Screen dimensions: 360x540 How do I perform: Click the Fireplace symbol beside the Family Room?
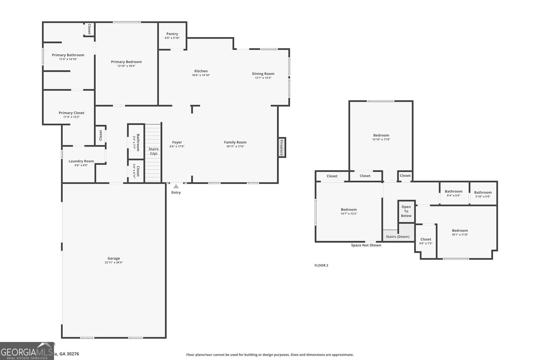click(281, 147)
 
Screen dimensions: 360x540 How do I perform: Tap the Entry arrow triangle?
click(176, 186)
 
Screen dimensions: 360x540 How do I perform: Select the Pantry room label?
click(172, 34)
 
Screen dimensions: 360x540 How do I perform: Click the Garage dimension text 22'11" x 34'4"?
click(114, 262)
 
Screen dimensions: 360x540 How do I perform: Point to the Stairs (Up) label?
click(154, 151)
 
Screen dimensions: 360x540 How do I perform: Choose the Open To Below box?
click(406, 212)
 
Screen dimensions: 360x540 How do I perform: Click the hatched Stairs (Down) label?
click(398, 237)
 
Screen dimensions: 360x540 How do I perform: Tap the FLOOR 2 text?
click(321, 266)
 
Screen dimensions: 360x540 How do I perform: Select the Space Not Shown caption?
click(366, 245)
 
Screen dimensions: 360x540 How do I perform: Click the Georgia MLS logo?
click(27, 351)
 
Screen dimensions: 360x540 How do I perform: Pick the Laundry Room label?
click(81, 161)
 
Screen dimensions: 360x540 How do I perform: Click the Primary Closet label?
click(72, 113)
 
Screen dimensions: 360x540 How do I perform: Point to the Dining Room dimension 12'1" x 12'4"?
click(263, 78)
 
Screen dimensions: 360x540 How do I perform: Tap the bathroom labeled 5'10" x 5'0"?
click(483, 194)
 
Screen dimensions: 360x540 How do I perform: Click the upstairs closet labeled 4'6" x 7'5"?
click(426, 241)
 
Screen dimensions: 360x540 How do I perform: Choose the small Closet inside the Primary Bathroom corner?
click(89, 29)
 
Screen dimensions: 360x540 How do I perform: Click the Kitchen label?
click(201, 71)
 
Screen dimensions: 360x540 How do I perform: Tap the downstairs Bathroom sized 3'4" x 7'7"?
click(136, 142)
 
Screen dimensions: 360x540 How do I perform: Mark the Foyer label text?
click(177, 142)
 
